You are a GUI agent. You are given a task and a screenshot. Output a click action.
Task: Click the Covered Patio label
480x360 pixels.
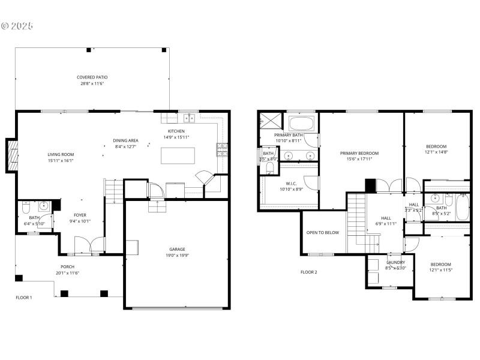point(92,77)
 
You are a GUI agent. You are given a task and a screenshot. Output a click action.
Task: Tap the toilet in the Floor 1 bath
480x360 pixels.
point(25,208)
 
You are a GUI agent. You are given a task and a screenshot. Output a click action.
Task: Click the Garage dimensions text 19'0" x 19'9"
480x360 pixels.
point(176,255)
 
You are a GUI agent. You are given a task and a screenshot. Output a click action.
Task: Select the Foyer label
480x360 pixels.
point(80,214)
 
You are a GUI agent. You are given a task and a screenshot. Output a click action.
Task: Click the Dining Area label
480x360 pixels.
point(125,140)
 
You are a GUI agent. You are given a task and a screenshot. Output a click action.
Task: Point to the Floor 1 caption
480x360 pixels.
point(24,298)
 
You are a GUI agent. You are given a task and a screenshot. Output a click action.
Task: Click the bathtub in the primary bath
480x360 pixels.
point(301,124)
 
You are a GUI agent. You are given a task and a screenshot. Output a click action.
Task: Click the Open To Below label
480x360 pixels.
point(323,232)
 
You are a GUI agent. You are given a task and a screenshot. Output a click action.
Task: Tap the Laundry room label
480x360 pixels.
point(395,262)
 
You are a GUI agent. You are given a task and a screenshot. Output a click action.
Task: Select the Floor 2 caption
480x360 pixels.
point(309,272)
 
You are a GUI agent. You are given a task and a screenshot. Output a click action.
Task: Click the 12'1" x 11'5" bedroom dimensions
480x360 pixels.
point(441,270)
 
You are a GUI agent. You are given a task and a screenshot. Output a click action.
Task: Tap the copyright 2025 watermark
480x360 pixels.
point(17,26)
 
